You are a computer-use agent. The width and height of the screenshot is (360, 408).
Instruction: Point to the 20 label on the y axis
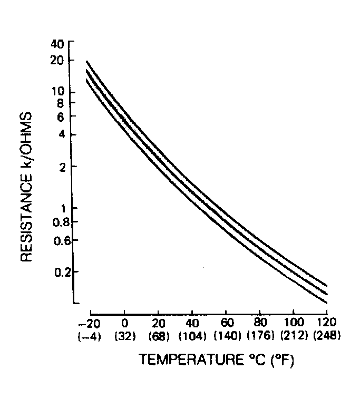tap(57, 60)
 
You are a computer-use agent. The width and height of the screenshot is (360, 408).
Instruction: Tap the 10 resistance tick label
tap(57, 92)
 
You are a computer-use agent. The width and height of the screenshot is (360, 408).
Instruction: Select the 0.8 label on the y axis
tap(55, 221)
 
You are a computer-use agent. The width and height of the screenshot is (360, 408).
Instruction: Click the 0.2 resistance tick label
tap(55, 272)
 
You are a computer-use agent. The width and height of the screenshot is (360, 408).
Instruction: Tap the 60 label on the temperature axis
tap(226, 322)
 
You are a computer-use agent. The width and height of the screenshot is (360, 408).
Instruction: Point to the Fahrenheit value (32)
tap(124, 335)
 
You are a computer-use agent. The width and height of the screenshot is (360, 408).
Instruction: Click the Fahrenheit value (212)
tap(293, 335)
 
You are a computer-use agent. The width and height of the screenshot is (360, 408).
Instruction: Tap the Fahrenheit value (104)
tap(192, 335)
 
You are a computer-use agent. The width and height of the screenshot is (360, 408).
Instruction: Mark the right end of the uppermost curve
tap(327, 286)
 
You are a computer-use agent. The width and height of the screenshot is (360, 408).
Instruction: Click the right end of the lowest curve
tap(327, 303)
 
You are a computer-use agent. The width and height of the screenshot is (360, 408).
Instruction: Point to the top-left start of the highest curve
tap(87, 61)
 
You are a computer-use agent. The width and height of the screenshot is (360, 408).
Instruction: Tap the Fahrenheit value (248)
tap(327, 335)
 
